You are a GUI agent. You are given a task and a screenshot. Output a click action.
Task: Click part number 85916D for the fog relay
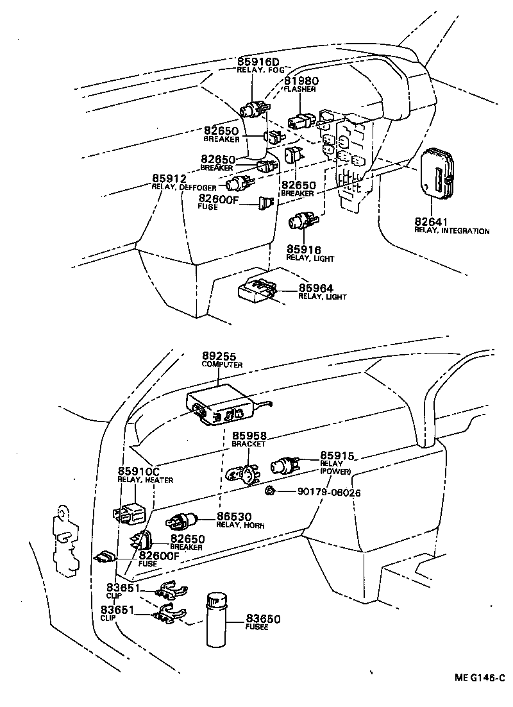pyautogui.click(x=258, y=62)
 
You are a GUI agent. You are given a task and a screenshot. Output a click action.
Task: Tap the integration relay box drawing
pyautogui.click(x=440, y=171)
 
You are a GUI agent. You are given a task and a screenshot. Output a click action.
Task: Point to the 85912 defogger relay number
pyautogui.click(x=169, y=178)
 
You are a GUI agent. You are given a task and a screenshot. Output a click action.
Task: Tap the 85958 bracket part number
pyautogui.click(x=249, y=435)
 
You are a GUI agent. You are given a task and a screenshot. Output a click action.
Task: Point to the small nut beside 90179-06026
pyautogui.click(x=271, y=492)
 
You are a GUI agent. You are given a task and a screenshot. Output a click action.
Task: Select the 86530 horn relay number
pyautogui.click(x=233, y=516)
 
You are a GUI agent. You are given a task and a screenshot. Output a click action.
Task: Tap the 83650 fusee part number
pyautogui.click(x=264, y=619)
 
